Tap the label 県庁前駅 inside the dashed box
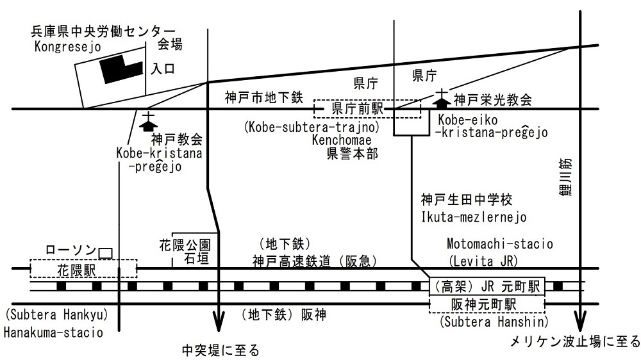coord(357,108)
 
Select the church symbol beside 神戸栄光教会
coord(442,97)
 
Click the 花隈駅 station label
coord(76,270)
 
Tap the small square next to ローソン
coord(105,254)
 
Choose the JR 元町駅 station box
coord(487,286)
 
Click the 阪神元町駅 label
coord(483,304)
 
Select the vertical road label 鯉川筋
coord(565,177)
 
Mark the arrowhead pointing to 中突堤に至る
coord(219,321)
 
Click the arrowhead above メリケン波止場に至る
coord(580,321)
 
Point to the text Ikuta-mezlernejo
coord(474,217)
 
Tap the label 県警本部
coord(353,154)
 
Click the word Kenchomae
coord(342,140)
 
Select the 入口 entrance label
coord(163,69)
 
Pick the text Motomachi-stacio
coord(499,244)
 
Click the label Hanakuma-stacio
coord(53,332)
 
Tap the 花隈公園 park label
coord(185,245)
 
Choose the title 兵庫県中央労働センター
coord(103,31)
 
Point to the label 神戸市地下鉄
coord(264,97)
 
